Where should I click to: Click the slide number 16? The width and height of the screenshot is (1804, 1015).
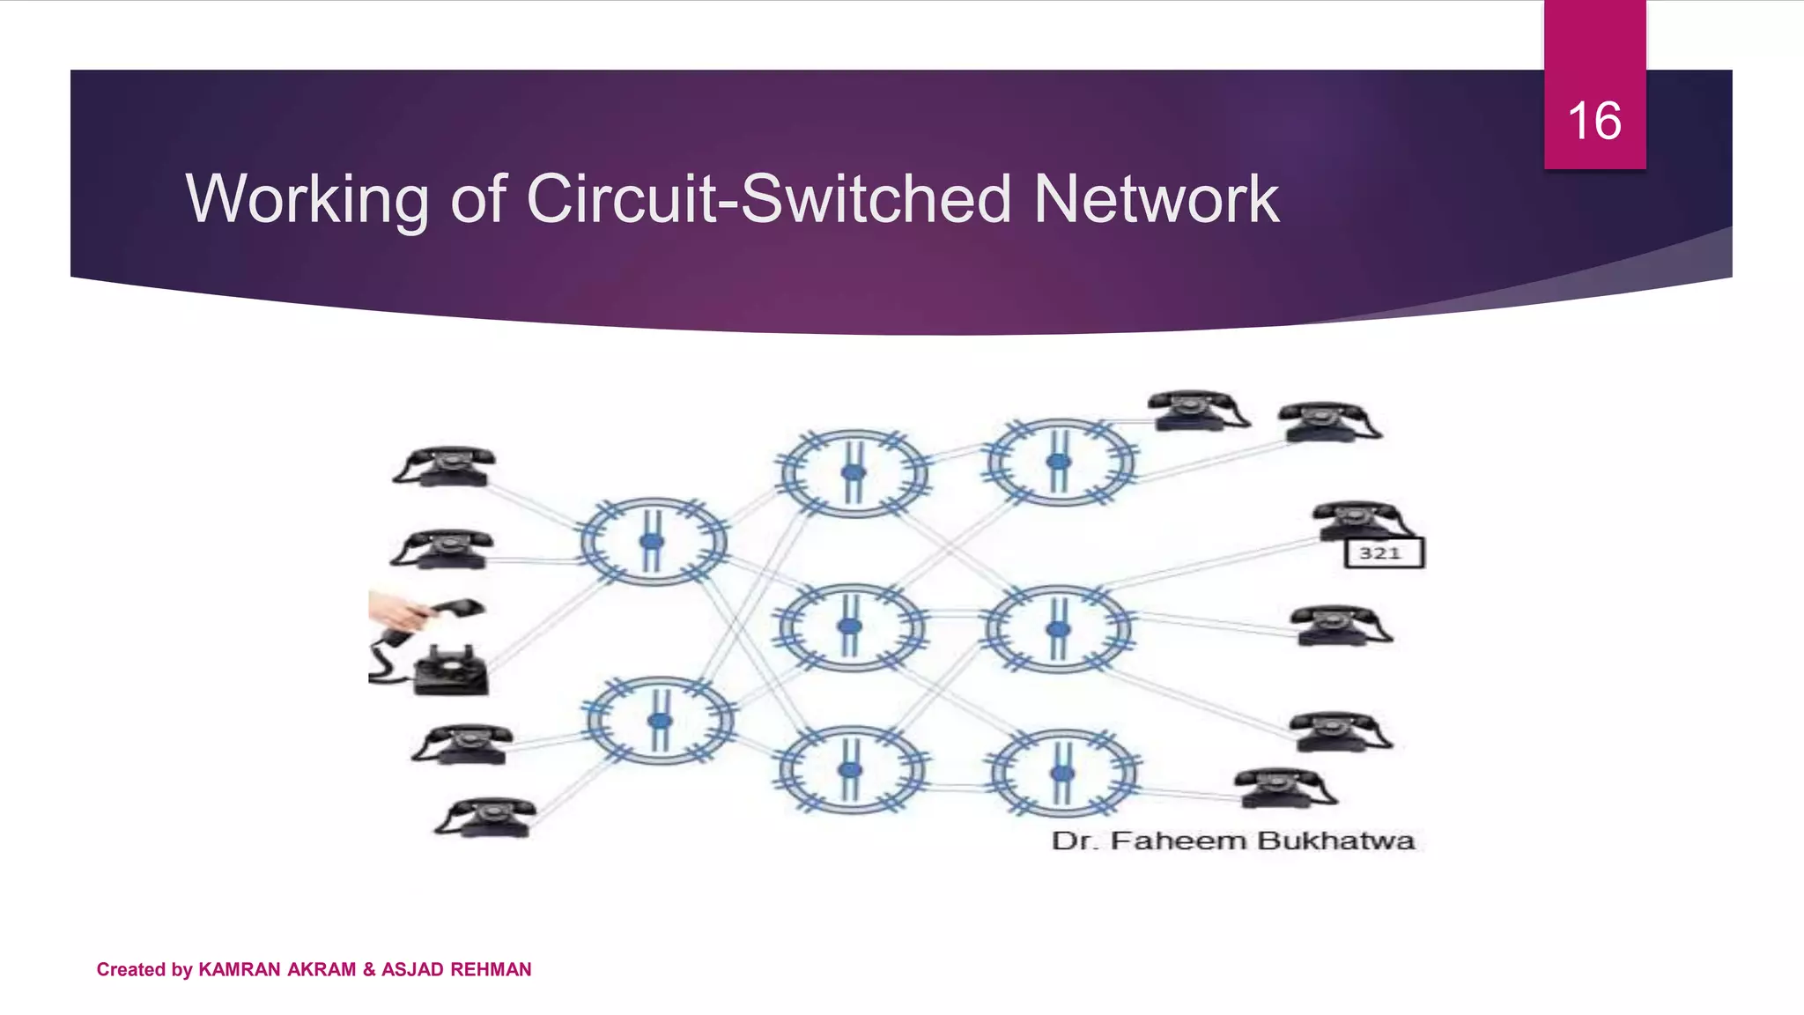(x=1594, y=121)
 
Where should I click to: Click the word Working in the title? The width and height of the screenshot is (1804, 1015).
(x=307, y=199)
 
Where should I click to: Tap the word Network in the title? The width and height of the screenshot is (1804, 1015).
(x=1156, y=199)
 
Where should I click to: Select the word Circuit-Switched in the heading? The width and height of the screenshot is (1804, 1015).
(x=768, y=199)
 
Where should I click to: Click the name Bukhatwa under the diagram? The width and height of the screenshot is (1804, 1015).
(x=1335, y=841)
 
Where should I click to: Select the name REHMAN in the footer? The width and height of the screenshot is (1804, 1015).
(x=491, y=969)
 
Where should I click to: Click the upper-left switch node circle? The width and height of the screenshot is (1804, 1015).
(x=653, y=541)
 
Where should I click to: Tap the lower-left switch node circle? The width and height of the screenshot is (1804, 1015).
(x=660, y=720)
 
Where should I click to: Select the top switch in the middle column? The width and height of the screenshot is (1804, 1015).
(x=853, y=473)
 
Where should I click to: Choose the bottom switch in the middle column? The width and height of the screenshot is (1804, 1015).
(x=850, y=769)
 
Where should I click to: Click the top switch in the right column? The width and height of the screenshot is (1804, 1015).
(x=1060, y=462)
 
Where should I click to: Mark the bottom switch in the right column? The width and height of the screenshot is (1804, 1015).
(x=1063, y=773)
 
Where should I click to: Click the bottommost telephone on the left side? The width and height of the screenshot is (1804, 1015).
(x=487, y=817)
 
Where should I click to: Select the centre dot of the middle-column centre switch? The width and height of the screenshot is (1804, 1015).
(x=850, y=626)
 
